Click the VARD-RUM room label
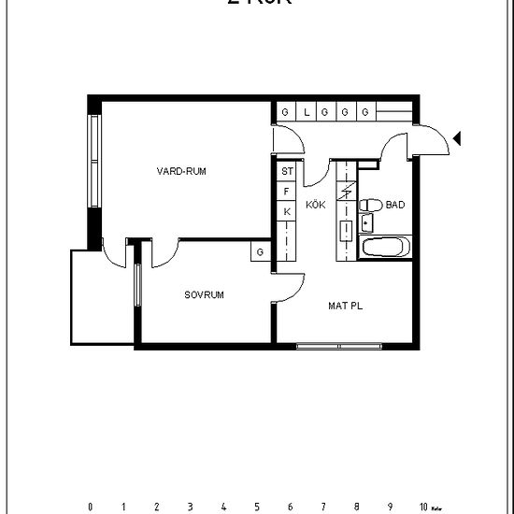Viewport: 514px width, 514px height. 181,171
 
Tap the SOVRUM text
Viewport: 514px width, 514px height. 204,294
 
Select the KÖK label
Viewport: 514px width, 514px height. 315,206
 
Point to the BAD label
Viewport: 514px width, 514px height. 395,206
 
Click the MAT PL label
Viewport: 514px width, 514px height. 345,306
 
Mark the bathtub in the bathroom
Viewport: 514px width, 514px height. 384,248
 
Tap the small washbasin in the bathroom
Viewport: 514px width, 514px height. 366,222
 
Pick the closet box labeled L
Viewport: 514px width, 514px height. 306,112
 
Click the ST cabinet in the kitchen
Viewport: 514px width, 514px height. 287,171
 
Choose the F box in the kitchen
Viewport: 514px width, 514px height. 287,192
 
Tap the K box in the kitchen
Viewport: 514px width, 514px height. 287,211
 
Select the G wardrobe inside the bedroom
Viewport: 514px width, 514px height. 260,251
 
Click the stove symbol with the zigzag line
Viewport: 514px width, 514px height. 345,192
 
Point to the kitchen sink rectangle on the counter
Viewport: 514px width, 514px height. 345,229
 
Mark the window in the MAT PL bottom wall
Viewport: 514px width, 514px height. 339,347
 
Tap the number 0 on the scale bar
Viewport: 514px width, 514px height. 91,507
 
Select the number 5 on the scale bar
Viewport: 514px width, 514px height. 257,507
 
